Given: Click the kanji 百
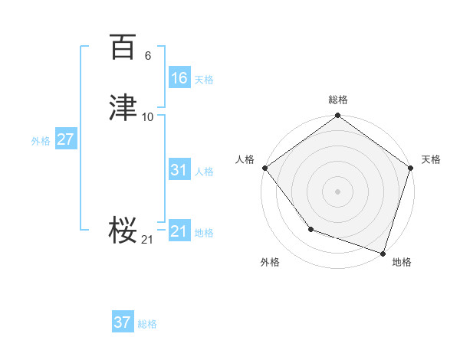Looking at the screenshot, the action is pos(123,47).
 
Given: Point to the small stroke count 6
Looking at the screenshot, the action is pos(148,56).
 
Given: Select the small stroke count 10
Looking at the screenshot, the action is pos(148,116).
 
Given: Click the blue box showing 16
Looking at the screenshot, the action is pos(179,78).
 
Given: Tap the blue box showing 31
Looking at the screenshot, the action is pos(179,170).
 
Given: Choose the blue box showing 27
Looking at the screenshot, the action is pos(66,139).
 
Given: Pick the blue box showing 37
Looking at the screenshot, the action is pos(123,322).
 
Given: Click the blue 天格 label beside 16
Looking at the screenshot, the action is pos(203,80).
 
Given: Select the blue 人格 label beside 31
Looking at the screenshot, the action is pos(204,172).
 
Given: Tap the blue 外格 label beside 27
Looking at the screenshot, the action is pos(41,141).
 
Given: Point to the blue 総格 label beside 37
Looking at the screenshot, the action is pos(147,324).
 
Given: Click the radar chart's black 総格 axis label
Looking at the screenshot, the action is pos(337,100).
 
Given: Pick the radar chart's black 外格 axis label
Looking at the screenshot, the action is pos(270,262).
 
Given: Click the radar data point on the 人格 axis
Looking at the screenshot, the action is pos(264,168).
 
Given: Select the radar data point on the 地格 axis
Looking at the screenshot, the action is pos(383,253).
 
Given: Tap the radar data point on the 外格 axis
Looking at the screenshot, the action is pos(310,229).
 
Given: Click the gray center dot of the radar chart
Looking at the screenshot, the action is pos(337,191).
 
